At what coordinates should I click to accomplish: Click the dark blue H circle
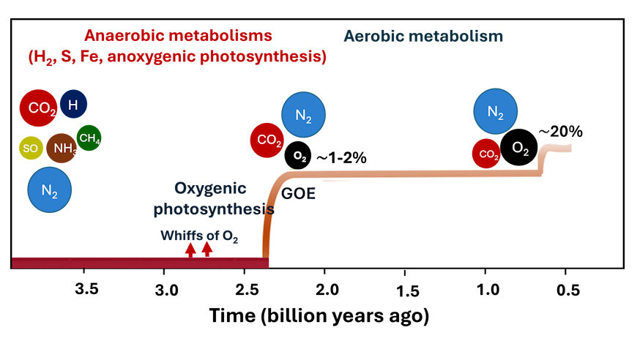pos(73,105)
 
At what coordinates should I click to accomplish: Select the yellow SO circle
pos(30,148)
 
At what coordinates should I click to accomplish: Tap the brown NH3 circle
pos(62,149)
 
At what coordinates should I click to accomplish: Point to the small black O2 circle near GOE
pos(298,155)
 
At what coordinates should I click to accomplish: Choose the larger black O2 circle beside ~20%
pos(519,149)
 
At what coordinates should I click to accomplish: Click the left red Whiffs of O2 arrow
pos(190,250)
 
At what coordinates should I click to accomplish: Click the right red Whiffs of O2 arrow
pos(207,249)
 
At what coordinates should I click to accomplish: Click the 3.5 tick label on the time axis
pos(87,288)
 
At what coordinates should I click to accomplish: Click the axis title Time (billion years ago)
pos(319,316)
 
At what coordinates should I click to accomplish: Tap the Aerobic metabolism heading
pos(424,36)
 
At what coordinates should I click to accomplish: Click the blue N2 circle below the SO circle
pos(49,190)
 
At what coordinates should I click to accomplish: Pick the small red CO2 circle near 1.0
pos(486,153)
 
